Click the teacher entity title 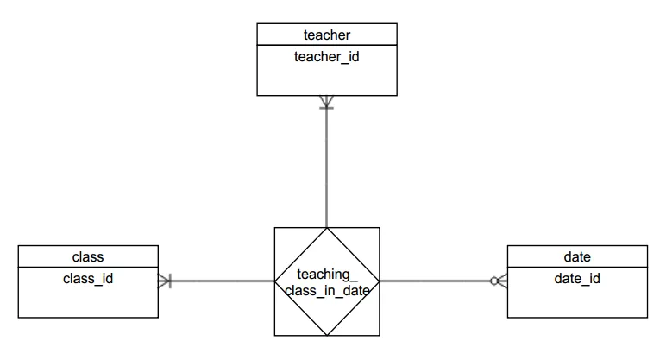327,35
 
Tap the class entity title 88,256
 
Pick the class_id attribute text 88,278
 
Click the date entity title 577,256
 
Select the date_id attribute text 577,278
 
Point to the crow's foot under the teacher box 327,102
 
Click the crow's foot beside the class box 165,281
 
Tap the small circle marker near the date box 494,281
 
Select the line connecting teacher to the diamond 327,164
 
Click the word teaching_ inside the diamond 327,275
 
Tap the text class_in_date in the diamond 327,291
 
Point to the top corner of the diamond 327,230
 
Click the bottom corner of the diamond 327,333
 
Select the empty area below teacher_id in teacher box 327,79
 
